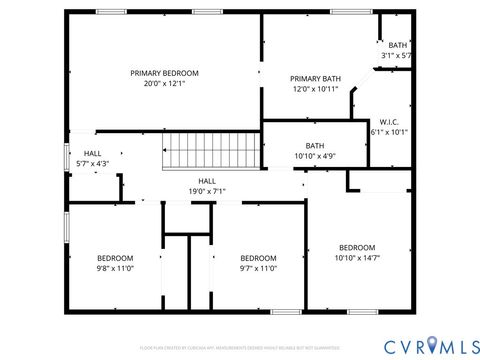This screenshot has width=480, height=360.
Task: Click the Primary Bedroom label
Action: click(165, 73)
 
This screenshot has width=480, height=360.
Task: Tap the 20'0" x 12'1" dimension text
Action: click(165, 85)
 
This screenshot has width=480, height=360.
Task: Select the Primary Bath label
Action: click(316, 79)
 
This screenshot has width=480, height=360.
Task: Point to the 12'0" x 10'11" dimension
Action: click(316, 90)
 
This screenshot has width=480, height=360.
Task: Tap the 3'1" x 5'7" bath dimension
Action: click(397, 56)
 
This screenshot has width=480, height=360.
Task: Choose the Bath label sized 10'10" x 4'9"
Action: click(315, 145)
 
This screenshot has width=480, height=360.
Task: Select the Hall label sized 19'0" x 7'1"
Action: click(207, 180)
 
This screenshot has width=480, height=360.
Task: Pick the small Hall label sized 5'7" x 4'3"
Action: click(92, 153)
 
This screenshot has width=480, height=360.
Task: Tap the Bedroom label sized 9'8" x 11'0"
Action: click(115, 256)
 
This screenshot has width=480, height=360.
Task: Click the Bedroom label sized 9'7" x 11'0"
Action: click(258, 256)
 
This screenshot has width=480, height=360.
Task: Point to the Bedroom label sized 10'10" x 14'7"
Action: click(357, 247)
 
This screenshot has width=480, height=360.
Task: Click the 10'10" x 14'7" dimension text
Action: click(357, 259)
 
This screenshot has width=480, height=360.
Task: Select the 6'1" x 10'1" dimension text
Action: click(389, 131)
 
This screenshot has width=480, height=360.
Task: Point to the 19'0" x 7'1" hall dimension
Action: click(207, 191)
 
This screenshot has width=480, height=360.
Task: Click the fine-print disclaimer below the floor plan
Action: click(240, 347)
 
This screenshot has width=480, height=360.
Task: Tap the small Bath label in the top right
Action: click(398, 45)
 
